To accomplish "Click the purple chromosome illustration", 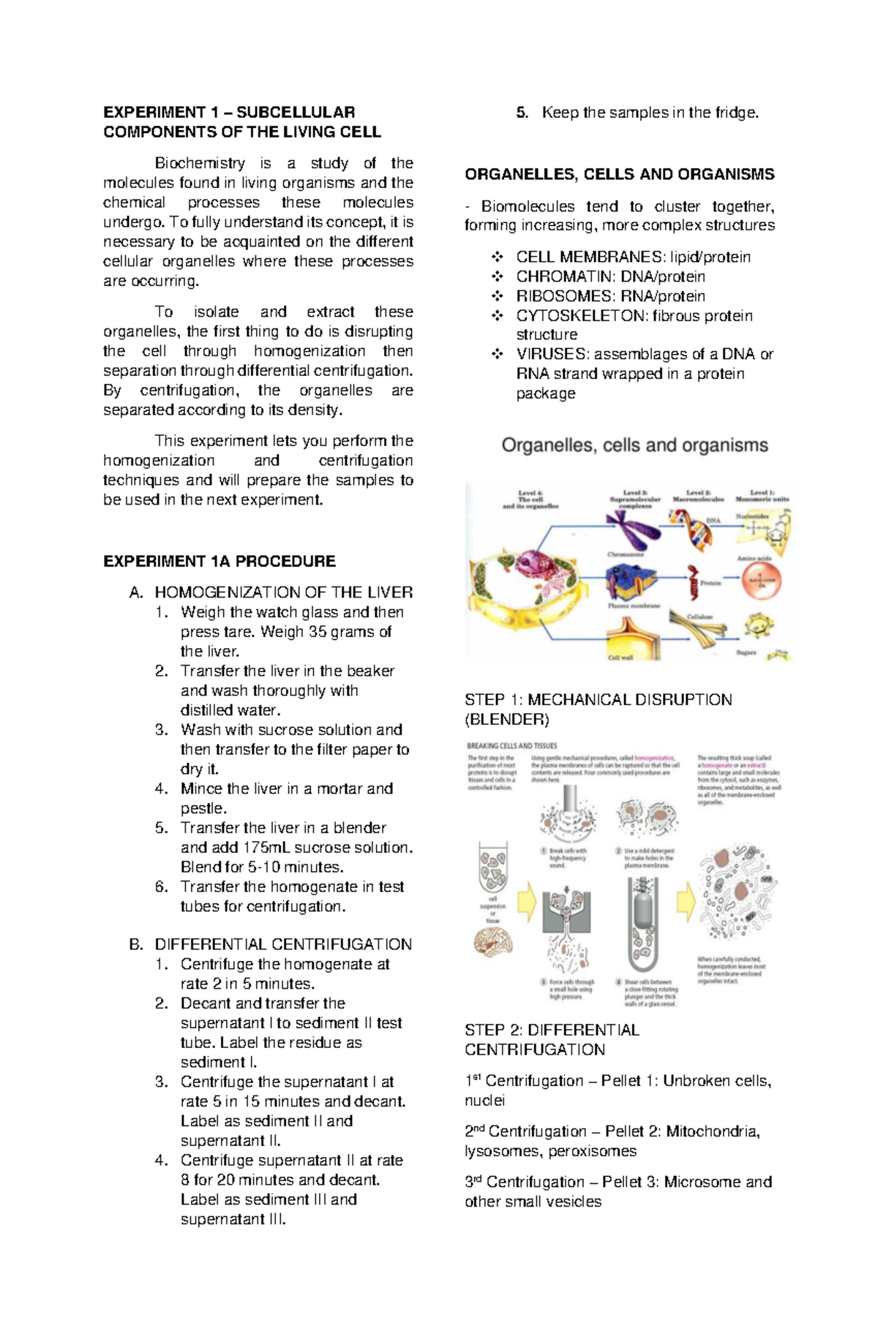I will coord(631,528).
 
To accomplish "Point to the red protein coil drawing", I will coord(691,582).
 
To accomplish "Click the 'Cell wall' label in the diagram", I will coord(620,657).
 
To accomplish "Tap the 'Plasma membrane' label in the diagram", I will coord(634,606).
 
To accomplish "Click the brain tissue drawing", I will coord(492,943).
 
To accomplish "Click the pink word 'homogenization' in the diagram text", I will coord(654,758).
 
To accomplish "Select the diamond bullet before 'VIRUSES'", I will coord(498,355).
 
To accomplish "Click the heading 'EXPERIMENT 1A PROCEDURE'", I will coord(219,561).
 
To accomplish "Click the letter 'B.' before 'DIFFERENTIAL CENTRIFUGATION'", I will coord(136,944).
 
